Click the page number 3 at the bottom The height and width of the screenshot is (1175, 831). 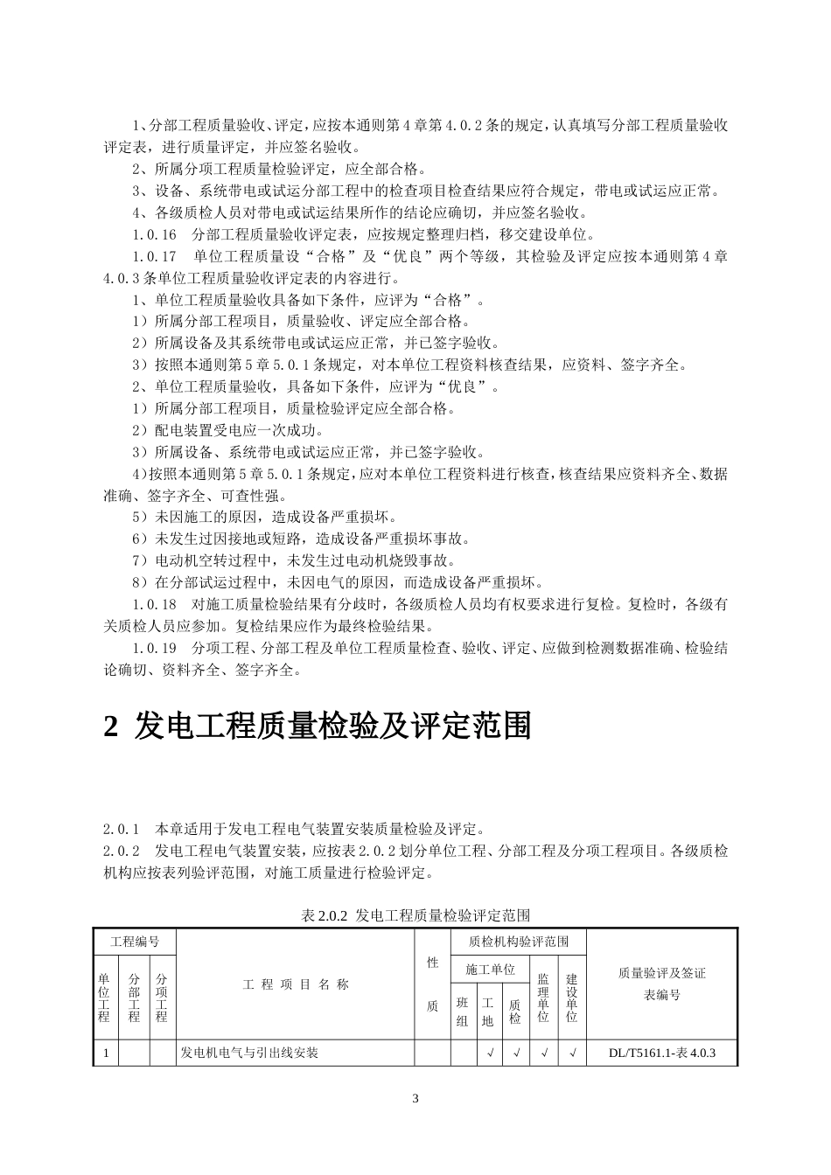click(415, 1098)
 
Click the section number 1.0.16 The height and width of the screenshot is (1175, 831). click(155, 235)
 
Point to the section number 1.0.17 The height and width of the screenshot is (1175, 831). click(155, 257)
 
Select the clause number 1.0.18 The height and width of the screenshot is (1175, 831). click(155, 605)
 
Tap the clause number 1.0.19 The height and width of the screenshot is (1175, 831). click(155, 649)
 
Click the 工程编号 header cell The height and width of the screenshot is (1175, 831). click(135, 942)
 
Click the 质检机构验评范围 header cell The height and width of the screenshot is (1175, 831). click(519, 942)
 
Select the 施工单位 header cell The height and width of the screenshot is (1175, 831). click(490, 970)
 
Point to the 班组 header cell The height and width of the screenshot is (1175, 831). click(463, 1012)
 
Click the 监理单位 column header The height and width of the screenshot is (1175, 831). click(544, 998)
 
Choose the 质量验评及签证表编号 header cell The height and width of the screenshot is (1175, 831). click(662, 984)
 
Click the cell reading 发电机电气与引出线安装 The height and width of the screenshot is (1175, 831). click(249, 1053)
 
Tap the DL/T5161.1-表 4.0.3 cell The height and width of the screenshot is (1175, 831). click(662, 1053)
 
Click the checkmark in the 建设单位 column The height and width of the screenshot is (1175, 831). click(572, 1053)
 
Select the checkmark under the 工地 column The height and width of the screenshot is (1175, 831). click(489, 1053)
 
